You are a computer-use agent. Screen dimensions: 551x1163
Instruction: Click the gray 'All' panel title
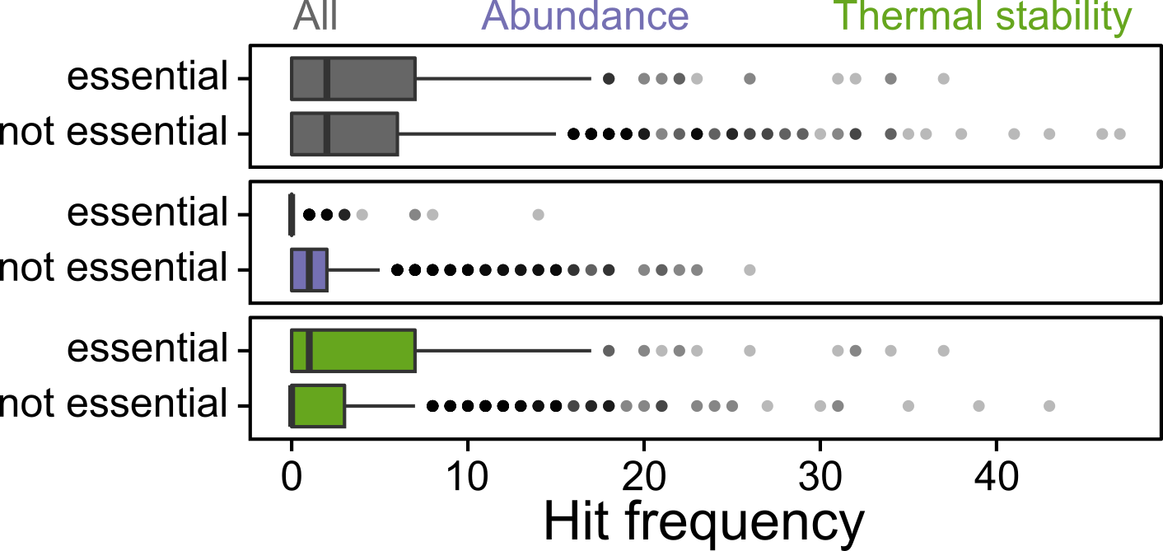pyautogui.click(x=315, y=16)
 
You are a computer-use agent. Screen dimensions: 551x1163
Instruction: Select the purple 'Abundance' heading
pyautogui.click(x=586, y=16)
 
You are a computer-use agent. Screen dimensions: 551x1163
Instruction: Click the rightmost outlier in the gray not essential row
pyautogui.click(x=1119, y=133)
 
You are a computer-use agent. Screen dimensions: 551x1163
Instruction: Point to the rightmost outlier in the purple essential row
pyautogui.click(x=539, y=215)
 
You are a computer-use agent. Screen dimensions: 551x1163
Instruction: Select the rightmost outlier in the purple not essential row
pyautogui.click(x=750, y=269)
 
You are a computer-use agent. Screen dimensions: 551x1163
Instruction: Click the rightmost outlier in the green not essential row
pyautogui.click(x=1049, y=405)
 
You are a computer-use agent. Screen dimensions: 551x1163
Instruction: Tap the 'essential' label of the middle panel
pyautogui.click(x=147, y=214)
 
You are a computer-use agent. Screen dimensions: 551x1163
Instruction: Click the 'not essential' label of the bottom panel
pyautogui.click(x=113, y=404)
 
